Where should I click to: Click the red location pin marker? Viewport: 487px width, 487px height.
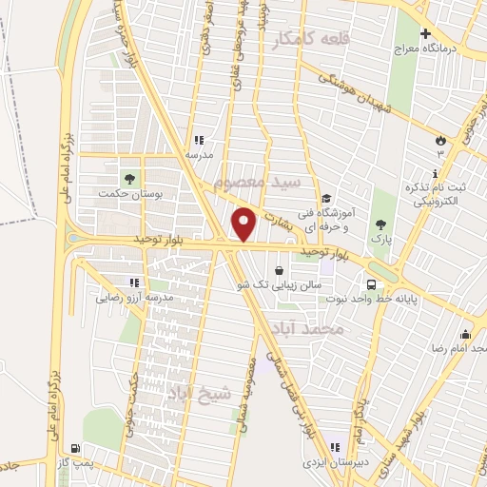244,224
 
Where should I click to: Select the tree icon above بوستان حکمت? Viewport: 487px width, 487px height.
127,178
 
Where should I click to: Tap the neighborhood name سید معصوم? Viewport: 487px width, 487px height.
257,180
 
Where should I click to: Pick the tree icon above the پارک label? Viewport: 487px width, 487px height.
381,225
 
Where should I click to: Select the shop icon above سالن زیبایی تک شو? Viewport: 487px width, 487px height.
278,269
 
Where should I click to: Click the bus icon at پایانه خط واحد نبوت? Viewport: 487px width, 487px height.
371,283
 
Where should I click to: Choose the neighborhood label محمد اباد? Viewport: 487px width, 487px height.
337,327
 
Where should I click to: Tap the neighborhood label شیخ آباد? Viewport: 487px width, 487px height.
199,393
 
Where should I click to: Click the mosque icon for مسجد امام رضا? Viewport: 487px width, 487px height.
464,335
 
